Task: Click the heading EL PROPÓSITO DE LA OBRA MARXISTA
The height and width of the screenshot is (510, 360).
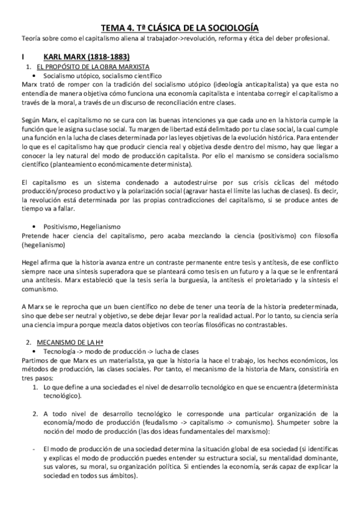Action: [93, 66]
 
